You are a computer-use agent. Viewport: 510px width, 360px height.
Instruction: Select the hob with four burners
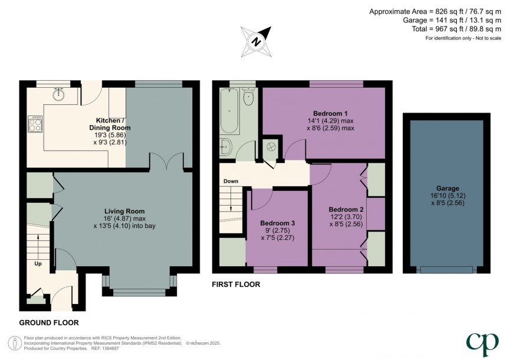tap(35, 123)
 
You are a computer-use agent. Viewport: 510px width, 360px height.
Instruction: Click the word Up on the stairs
tap(38, 263)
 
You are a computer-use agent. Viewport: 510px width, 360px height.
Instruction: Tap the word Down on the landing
tap(231, 181)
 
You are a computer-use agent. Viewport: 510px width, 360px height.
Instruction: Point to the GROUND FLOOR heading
tap(49, 322)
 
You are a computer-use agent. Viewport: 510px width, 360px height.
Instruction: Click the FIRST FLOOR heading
tap(236, 284)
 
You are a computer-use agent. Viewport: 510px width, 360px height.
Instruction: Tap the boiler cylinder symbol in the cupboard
tap(272, 145)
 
